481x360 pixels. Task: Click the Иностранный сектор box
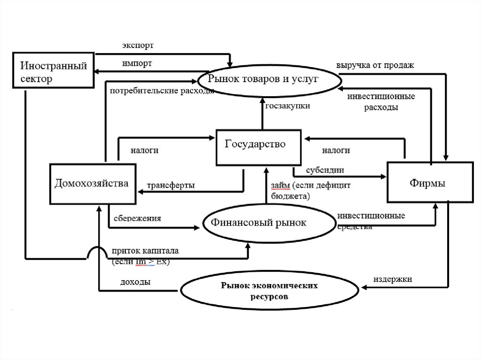point(53,69)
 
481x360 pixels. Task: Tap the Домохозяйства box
point(93,184)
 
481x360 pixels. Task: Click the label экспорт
point(138,46)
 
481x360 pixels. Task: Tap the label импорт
point(137,63)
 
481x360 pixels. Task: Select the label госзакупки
point(287,107)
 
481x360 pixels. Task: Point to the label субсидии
point(325,169)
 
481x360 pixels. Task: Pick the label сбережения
point(137,218)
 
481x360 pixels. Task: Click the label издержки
point(393,279)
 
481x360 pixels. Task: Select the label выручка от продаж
point(375,65)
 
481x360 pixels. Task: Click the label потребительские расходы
point(162,91)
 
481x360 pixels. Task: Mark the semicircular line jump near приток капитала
point(97,253)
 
